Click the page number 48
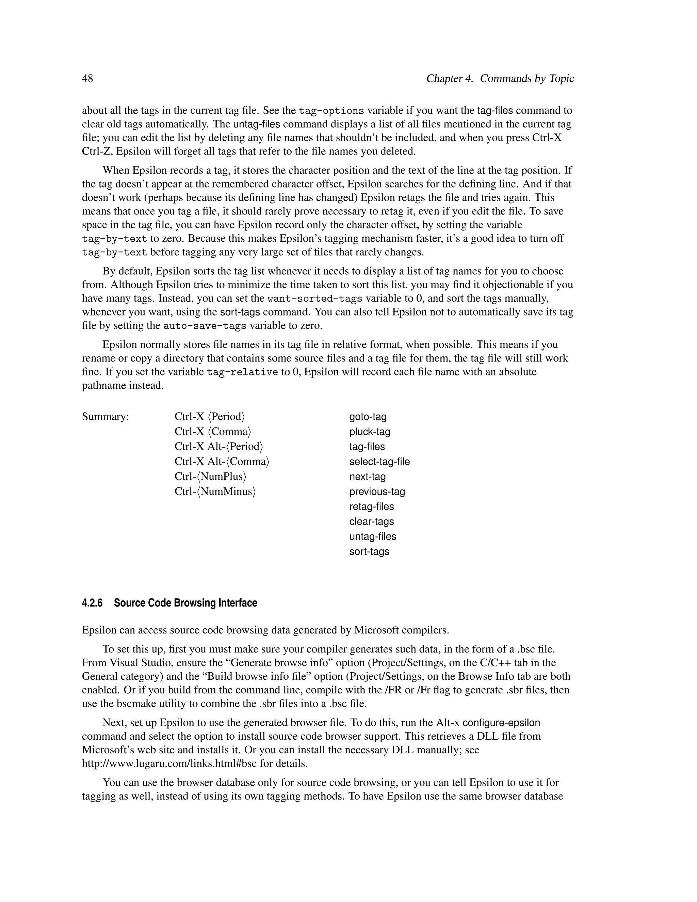click(87, 79)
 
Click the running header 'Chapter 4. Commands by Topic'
click(500, 79)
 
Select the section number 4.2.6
click(92, 603)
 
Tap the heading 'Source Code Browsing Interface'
click(185, 603)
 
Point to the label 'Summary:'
click(105, 416)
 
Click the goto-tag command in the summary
click(368, 417)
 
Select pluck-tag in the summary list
click(370, 432)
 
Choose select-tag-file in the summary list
click(379, 462)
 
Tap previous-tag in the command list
click(377, 492)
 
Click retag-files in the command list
click(372, 506)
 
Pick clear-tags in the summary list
click(372, 521)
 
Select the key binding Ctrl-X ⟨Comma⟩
click(213, 432)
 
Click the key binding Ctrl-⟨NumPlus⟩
click(210, 477)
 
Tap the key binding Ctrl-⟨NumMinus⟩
click(215, 492)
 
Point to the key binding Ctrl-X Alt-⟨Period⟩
click(219, 447)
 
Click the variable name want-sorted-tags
click(315, 299)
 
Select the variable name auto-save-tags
click(205, 326)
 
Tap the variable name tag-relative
click(242, 372)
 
